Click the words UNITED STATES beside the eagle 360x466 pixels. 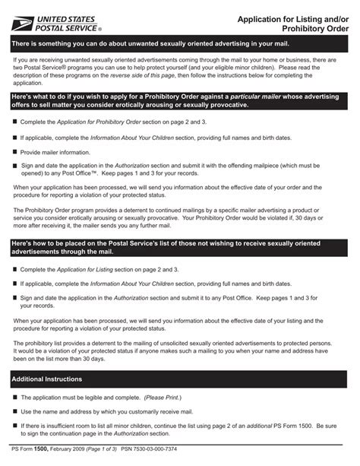72,17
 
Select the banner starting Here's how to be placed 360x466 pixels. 179,249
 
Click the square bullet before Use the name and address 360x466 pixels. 14,411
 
